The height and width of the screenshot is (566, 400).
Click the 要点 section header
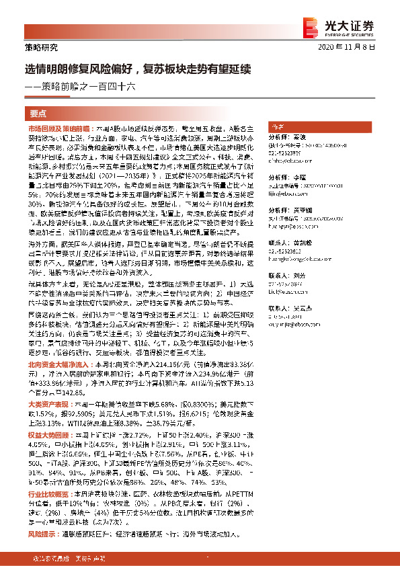(38, 113)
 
